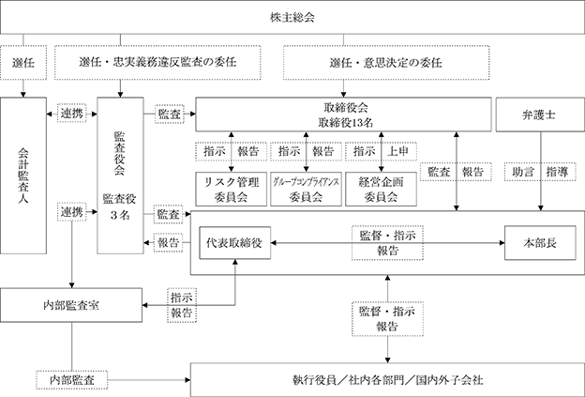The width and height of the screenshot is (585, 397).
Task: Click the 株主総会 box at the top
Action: click(292, 17)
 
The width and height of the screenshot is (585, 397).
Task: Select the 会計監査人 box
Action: click(23, 176)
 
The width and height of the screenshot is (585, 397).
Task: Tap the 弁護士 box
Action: click(540, 115)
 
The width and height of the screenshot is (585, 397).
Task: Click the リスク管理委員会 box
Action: click(231, 189)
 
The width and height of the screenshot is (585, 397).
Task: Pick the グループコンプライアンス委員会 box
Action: click(306, 189)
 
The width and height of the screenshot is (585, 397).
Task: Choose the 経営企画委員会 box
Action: click(381, 189)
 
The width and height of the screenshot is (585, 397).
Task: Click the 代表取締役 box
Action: click(235, 243)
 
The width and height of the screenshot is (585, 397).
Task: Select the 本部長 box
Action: click(540, 243)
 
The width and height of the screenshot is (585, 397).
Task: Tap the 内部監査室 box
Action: click(71, 305)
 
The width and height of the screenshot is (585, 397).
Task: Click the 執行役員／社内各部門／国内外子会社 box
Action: click(387, 380)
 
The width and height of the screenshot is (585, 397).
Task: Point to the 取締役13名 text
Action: click(346, 123)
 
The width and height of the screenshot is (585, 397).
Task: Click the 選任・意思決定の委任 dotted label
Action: click(386, 62)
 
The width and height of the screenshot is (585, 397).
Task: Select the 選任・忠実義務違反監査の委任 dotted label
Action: click(157, 62)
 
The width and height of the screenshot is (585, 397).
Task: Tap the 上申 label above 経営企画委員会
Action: click(398, 151)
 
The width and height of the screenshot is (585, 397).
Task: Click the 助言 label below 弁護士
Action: click(523, 172)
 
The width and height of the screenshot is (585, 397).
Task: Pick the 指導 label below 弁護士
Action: click(557, 172)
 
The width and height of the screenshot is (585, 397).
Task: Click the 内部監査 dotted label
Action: click(71, 380)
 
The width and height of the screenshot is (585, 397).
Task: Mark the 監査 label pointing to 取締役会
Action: click(170, 114)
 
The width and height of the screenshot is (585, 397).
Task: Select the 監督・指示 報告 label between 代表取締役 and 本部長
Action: click(387, 243)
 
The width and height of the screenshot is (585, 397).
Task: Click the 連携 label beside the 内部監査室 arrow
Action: click(71, 212)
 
